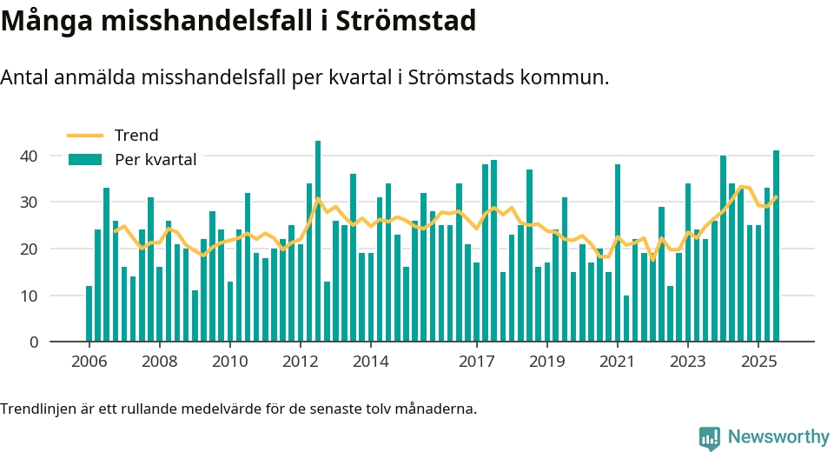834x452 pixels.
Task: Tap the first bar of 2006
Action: tap(89, 314)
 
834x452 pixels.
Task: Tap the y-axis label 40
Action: tap(30, 156)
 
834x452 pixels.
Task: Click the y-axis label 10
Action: tap(30, 296)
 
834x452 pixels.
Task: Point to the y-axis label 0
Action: tap(35, 342)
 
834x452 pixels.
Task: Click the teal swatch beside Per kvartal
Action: tap(85, 160)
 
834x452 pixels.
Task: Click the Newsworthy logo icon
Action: tap(709, 437)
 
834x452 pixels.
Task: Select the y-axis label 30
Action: tap(30, 203)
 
